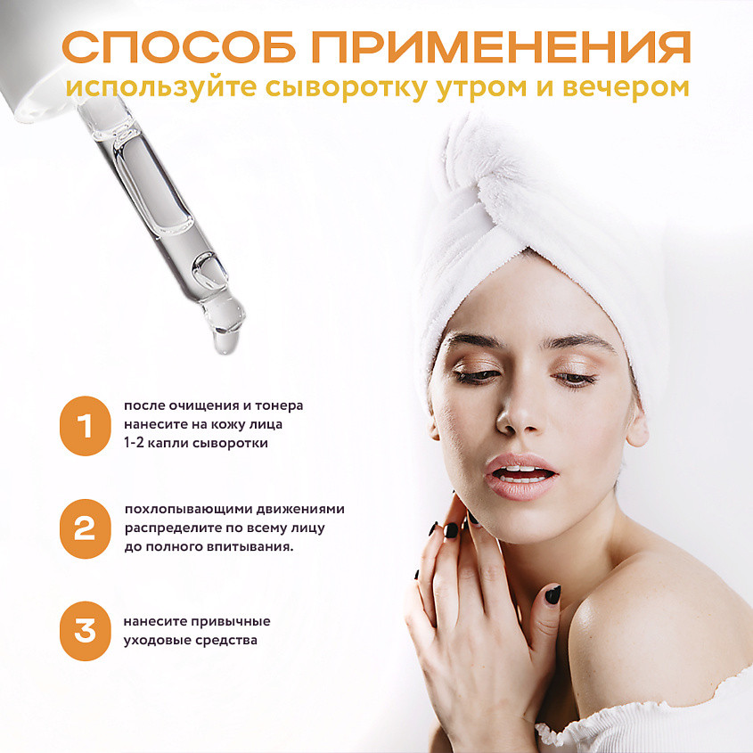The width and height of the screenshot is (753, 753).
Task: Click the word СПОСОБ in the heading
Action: [178, 47]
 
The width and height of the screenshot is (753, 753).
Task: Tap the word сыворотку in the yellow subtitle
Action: [346, 88]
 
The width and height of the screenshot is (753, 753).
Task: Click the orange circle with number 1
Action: [85, 425]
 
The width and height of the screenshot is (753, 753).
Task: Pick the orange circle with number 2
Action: [85, 528]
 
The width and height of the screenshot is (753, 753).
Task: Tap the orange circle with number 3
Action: [85, 631]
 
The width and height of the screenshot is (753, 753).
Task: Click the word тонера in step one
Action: [279, 405]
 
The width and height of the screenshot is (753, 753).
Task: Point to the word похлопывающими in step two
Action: [188, 510]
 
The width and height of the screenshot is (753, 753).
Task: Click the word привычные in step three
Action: [231, 622]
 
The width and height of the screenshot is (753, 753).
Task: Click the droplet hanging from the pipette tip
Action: [225, 341]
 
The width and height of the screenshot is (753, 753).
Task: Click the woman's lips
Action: [520, 476]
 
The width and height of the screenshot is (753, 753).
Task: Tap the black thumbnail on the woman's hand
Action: [552, 594]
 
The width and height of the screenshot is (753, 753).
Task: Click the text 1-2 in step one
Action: [134, 443]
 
